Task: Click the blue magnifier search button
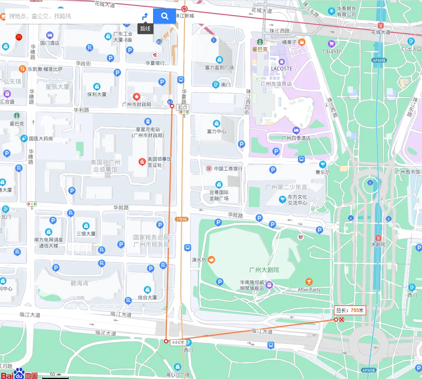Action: pyautogui.click(x=164, y=16)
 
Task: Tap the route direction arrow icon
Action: pyautogui.click(x=145, y=16)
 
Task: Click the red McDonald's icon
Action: pyautogui.click(x=18, y=37)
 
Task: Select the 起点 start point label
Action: pyautogui.click(x=182, y=107)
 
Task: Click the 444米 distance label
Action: pyautogui.click(x=178, y=342)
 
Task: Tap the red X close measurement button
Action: pyautogui.click(x=342, y=320)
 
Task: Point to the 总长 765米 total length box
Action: pyautogui.click(x=350, y=310)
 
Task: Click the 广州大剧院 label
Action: pyautogui.click(x=264, y=270)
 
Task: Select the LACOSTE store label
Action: pyautogui.click(x=281, y=69)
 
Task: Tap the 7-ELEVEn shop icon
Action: pyautogui.click(x=332, y=43)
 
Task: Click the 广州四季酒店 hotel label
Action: pyautogui.click(x=296, y=138)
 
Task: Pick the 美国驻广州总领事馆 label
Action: pyautogui.click(x=104, y=166)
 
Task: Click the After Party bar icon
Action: pyautogui.click(x=309, y=282)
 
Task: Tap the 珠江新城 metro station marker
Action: pyautogui.click(x=184, y=9)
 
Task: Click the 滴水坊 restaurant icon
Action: pyautogui.click(x=211, y=260)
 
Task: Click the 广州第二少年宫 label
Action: pyautogui.click(x=286, y=187)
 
